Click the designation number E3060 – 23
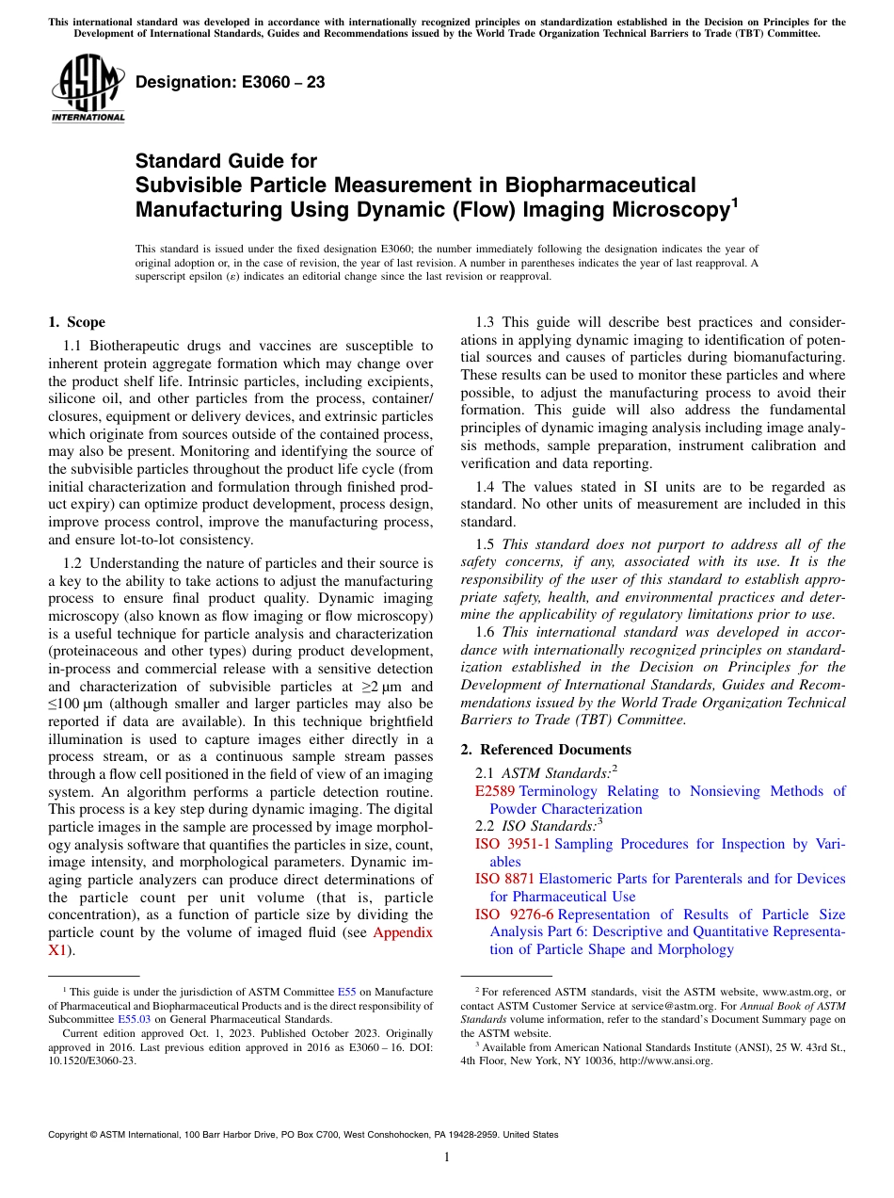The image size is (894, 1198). pyautogui.click(x=230, y=83)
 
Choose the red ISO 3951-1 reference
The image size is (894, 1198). pyautogui.click(x=513, y=844)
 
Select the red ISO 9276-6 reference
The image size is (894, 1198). pyautogui.click(x=513, y=915)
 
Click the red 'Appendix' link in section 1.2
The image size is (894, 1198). pyautogui.click(x=403, y=932)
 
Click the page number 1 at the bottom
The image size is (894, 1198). pyautogui.click(x=447, y=1157)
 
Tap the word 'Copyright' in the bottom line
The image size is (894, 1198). pyautogui.click(x=71, y=1135)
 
